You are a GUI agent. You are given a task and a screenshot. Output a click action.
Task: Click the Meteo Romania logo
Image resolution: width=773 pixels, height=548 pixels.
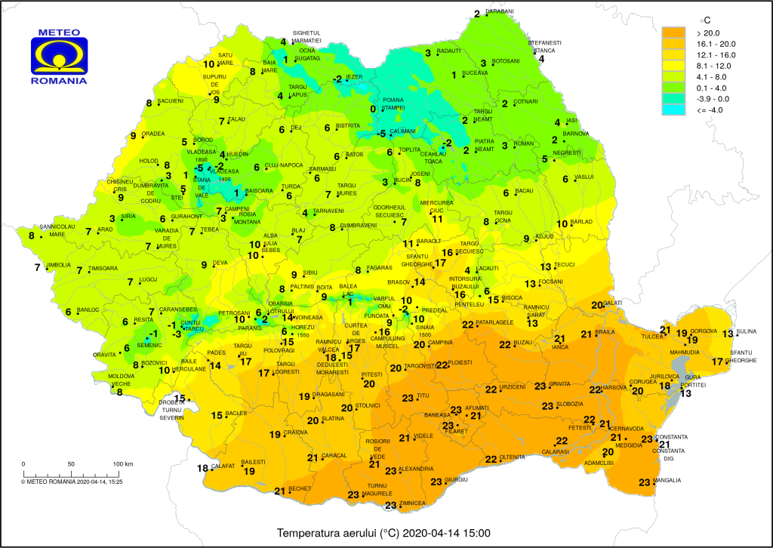coord(59,56)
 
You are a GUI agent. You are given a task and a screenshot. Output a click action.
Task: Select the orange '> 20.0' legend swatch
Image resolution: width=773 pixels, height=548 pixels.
coord(675,32)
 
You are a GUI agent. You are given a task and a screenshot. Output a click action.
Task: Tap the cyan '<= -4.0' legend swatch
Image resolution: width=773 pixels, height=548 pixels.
coord(675,109)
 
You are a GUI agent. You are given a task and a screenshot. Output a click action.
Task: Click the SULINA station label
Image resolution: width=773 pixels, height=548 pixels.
coord(747,332)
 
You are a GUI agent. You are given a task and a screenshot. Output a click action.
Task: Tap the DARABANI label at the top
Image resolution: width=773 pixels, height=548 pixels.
coord(499,11)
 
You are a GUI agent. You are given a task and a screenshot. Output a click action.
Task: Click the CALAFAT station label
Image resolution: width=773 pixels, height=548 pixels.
coord(223,466)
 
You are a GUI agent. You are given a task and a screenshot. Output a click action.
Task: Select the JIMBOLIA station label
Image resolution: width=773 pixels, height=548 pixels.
coord(58,265)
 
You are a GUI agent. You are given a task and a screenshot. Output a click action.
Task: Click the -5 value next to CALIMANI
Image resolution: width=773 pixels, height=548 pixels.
coord(382,134)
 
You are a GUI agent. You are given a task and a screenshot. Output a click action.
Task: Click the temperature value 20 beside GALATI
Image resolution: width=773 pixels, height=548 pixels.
coord(596,305)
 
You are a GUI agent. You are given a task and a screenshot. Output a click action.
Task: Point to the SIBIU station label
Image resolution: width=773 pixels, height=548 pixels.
coord(310,272)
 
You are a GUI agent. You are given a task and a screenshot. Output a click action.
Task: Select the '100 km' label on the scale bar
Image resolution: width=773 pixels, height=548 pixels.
coord(123,463)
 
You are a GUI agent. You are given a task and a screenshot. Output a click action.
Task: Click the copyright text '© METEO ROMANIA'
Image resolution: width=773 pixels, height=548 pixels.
coord(48,481)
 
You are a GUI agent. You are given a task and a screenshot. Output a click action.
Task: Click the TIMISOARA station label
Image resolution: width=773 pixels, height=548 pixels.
coord(103,268)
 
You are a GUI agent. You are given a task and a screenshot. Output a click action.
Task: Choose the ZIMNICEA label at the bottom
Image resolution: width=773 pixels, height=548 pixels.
coord(414,503)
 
